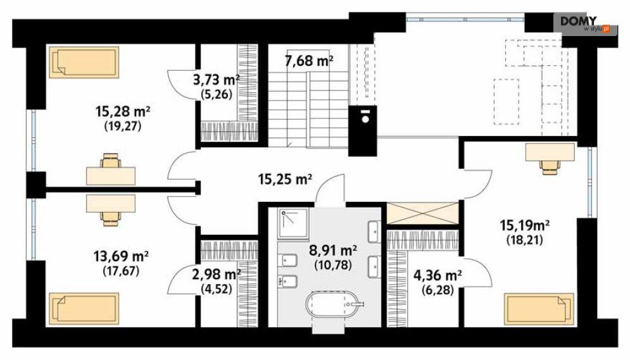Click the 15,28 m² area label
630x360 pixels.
click(x=123, y=111)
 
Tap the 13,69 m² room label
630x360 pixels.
click(x=121, y=256)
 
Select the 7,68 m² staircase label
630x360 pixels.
click(x=309, y=61)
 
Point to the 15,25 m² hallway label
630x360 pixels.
click(x=285, y=179)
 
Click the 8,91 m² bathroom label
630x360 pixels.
click(x=333, y=251)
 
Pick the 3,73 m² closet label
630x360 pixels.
click(x=216, y=80)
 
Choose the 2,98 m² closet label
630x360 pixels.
click(x=216, y=275)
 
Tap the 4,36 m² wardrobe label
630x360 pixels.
click(x=438, y=275)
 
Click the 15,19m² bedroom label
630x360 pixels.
click(x=525, y=225)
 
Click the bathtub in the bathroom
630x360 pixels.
click(x=334, y=304)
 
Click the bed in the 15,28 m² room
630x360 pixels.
click(x=84, y=62)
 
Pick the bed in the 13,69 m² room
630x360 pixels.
click(x=84, y=309)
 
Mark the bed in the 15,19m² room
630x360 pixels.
click(x=539, y=309)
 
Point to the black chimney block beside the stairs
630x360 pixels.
click(x=362, y=131)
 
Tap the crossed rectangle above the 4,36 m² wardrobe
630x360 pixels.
click(x=422, y=213)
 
